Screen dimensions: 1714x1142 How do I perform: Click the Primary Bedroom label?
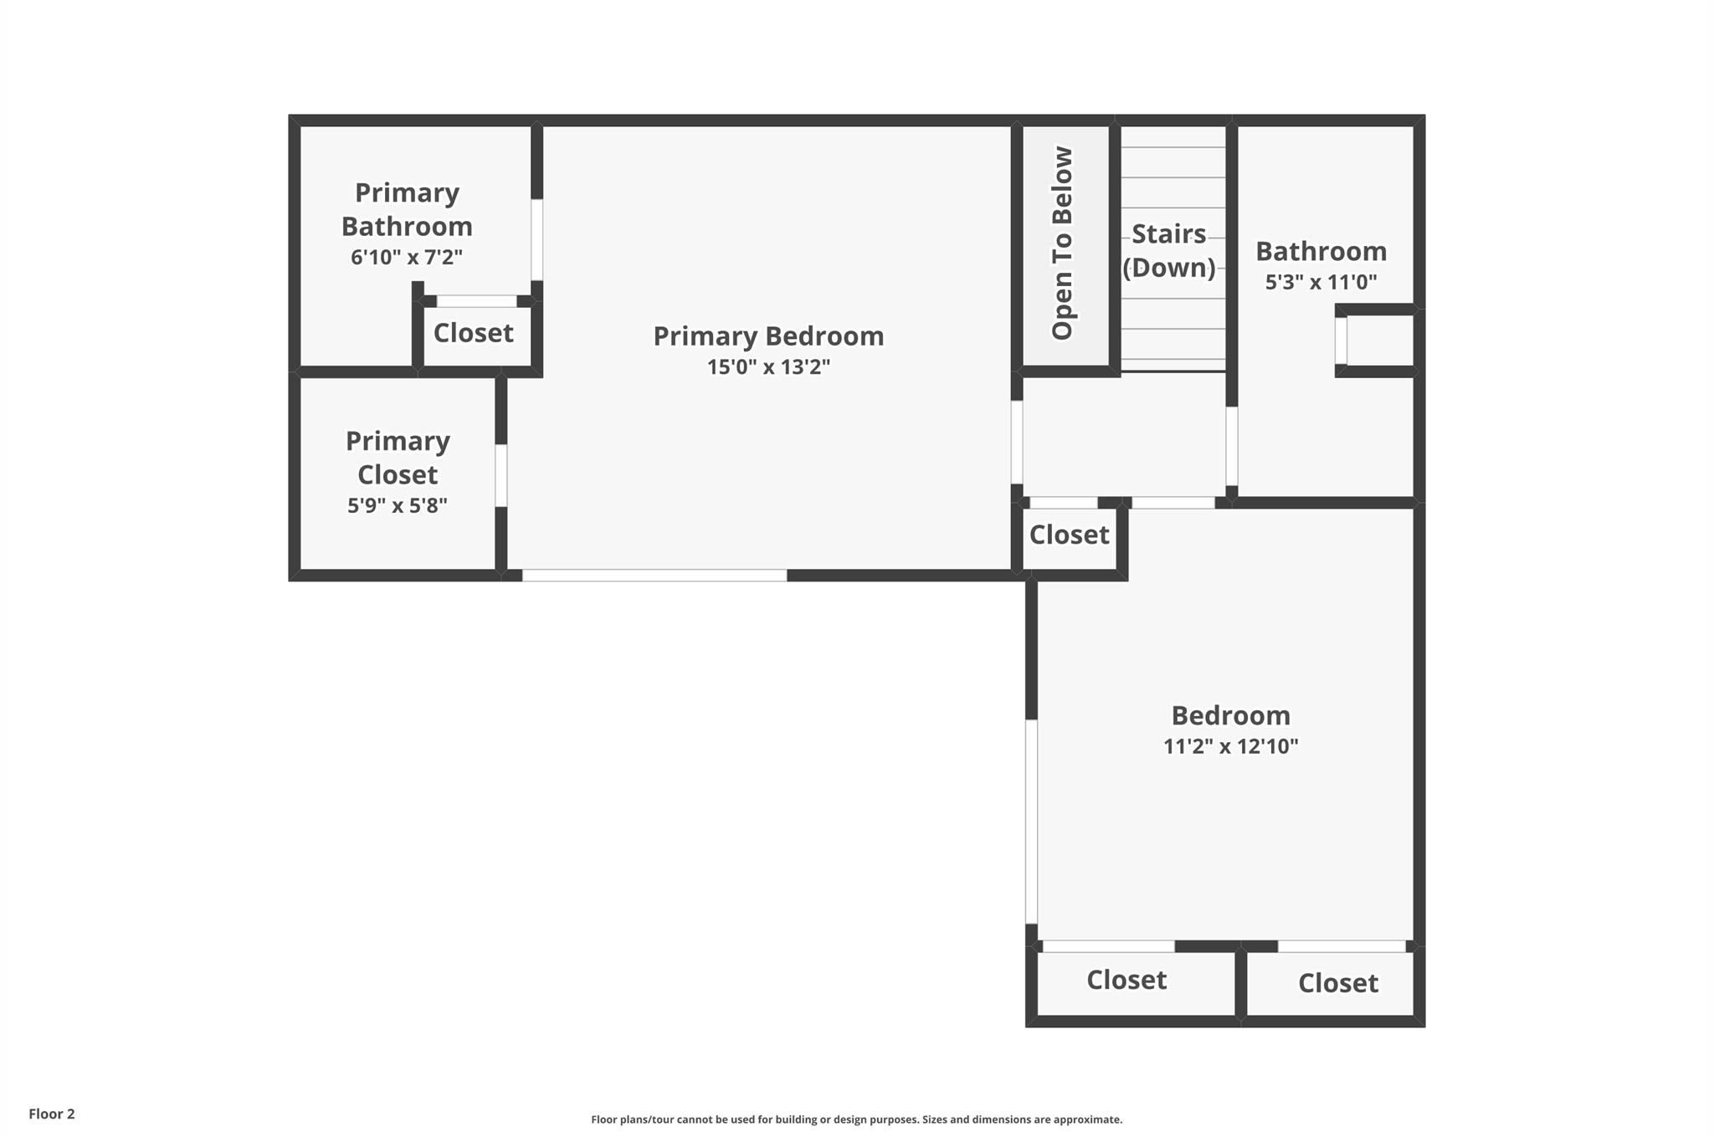pyautogui.click(x=768, y=336)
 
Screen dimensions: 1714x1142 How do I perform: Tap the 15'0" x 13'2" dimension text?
pyautogui.click(x=768, y=367)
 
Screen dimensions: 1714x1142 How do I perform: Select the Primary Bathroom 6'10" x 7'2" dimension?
pyautogui.click(x=407, y=257)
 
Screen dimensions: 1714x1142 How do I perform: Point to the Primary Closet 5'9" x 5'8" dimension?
pyautogui.click(x=398, y=505)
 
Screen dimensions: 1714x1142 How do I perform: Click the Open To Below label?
pyautogui.click(x=1062, y=243)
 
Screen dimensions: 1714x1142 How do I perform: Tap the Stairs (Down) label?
pyautogui.click(x=1169, y=250)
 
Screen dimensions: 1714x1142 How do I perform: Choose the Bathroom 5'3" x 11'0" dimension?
pyautogui.click(x=1321, y=282)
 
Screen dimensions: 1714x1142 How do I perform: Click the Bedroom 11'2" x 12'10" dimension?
pyautogui.click(x=1230, y=746)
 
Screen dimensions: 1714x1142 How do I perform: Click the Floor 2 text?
pyautogui.click(x=52, y=1114)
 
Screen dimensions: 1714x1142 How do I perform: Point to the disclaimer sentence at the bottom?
pyautogui.click(x=856, y=1119)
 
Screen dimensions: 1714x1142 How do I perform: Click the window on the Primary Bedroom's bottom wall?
pyautogui.click(x=654, y=576)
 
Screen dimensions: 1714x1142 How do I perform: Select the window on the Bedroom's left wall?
pyautogui.click(x=1031, y=822)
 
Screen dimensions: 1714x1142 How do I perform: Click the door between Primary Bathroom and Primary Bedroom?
pyautogui.click(x=536, y=239)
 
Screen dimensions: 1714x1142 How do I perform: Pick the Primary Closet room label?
pyautogui.click(x=398, y=458)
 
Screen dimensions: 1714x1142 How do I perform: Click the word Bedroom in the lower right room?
pyautogui.click(x=1230, y=716)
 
